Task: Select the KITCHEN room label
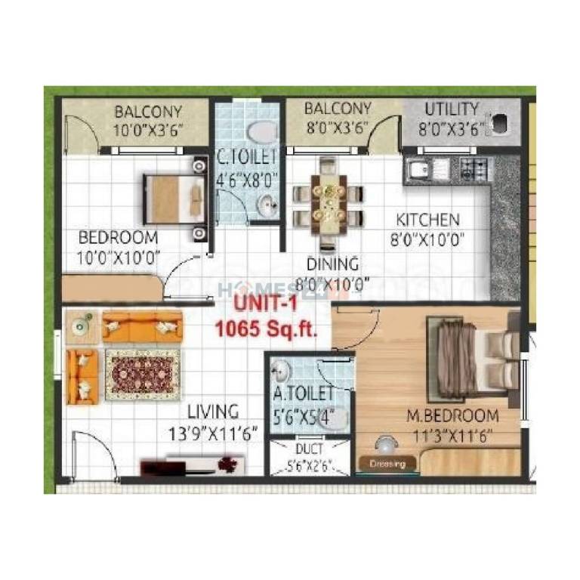(x=428, y=220)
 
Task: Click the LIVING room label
(x=213, y=412)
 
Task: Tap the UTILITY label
(x=451, y=109)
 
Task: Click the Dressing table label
(x=388, y=463)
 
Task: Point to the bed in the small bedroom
(x=174, y=198)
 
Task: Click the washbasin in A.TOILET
(x=281, y=371)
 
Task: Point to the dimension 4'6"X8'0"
(x=248, y=180)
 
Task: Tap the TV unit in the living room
(x=192, y=464)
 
